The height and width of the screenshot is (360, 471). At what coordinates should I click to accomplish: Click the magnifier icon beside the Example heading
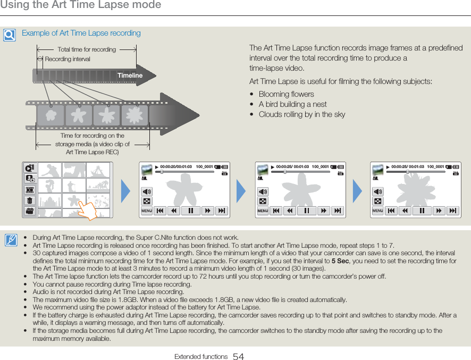point(9,35)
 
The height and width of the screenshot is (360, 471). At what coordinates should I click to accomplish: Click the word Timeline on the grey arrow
point(130,76)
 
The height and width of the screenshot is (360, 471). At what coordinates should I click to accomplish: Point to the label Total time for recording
point(87,49)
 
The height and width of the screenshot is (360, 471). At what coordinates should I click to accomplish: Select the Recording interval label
point(68,59)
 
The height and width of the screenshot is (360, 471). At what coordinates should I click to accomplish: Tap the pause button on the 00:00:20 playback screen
point(190,211)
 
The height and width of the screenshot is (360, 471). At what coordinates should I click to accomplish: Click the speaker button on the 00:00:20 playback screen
point(147,191)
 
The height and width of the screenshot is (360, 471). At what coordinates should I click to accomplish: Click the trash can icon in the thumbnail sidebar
point(29,200)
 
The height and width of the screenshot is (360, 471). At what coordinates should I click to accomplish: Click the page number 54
point(238,357)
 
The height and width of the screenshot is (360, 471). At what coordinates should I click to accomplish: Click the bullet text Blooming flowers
point(286,94)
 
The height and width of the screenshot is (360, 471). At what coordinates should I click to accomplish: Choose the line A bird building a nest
point(292,104)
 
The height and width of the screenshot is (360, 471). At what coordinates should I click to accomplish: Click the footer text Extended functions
point(201,357)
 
